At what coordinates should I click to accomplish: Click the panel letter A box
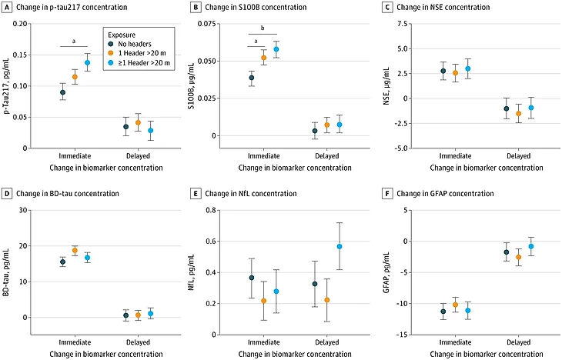6,7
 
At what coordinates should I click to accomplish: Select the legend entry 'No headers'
135,44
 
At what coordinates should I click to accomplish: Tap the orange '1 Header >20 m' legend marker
111,53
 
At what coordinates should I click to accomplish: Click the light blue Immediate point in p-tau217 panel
87,62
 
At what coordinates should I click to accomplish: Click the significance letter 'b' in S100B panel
263,28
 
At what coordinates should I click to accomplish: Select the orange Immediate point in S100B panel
264,58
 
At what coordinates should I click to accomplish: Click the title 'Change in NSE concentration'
443,7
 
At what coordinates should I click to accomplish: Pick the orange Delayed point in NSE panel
518,114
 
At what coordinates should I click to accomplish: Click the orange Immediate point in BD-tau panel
75,251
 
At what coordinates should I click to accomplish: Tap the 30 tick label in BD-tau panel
23,210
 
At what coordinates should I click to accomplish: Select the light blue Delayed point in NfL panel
340,246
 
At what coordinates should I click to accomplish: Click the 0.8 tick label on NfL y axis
211,210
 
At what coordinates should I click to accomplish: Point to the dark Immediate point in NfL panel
252,278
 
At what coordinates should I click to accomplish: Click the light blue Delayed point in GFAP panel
530,246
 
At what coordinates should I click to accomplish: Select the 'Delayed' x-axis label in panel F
518,342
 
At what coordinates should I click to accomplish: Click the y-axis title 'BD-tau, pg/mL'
6,272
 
